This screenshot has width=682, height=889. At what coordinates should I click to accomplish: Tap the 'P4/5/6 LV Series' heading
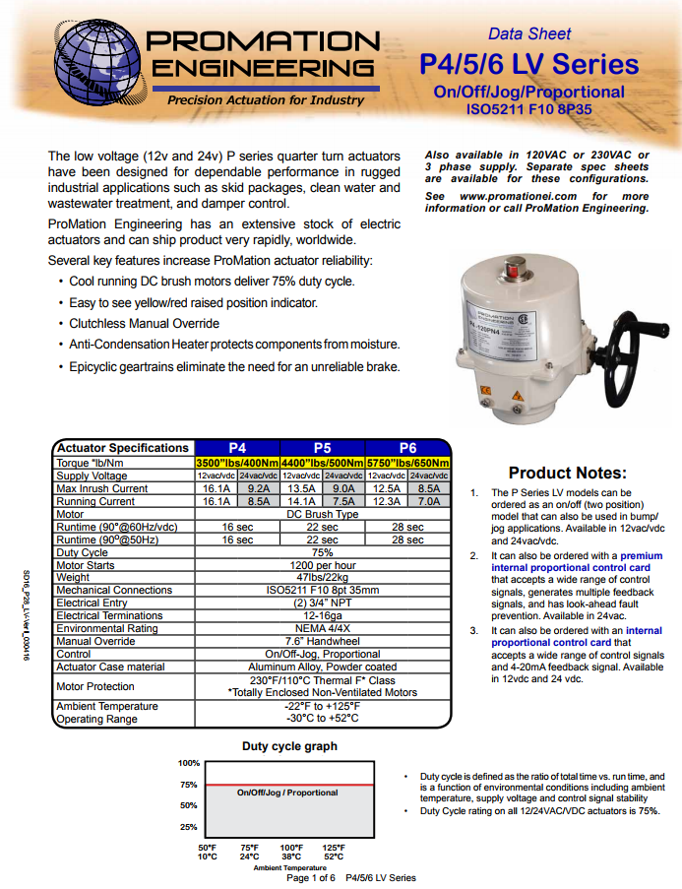click(528, 65)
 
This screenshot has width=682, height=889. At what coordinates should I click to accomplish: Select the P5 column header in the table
click(322, 447)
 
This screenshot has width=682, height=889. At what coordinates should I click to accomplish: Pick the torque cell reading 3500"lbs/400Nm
click(236, 463)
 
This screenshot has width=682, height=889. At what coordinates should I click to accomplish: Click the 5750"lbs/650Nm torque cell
click(407, 463)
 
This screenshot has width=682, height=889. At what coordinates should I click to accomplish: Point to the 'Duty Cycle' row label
click(82, 552)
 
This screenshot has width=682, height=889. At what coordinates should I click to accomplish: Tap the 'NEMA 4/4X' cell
click(322, 628)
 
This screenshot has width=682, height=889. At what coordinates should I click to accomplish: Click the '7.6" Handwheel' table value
click(322, 641)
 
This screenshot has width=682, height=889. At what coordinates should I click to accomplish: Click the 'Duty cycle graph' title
click(289, 746)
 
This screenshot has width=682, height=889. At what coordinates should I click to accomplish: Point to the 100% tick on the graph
click(188, 763)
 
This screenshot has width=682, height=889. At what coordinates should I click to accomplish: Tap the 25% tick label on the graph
click(188, 827)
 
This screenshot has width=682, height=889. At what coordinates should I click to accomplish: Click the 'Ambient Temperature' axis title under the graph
click(289, 867)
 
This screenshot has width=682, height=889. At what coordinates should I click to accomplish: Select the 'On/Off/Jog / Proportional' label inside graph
click(287, 793)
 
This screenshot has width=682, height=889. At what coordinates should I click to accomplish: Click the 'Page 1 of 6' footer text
click(311, 877)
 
